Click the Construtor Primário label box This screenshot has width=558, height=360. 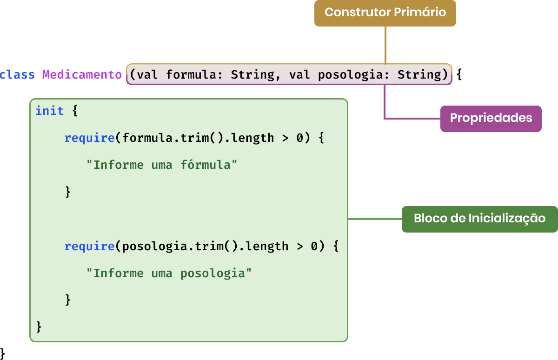(385, 13)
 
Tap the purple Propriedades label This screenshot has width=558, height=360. (491, 118)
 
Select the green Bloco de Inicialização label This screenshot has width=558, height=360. (479, 219)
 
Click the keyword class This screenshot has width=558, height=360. (18, 74)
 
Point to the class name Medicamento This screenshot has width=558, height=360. (82, 74)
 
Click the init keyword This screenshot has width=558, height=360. (50, 111)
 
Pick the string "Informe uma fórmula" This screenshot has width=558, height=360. (162, 165)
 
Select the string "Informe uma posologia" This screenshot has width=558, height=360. (169, 273)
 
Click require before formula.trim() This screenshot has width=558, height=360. (89, 138)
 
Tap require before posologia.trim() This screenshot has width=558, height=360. (89, 246)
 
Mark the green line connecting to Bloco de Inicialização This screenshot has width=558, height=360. (374, 219)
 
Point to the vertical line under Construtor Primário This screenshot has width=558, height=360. (385, 45)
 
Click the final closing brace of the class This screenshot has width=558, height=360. (2, 352)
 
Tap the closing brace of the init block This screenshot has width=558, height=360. (39, 327)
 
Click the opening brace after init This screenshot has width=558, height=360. (74, 111)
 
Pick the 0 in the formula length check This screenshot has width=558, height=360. (299, 138)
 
